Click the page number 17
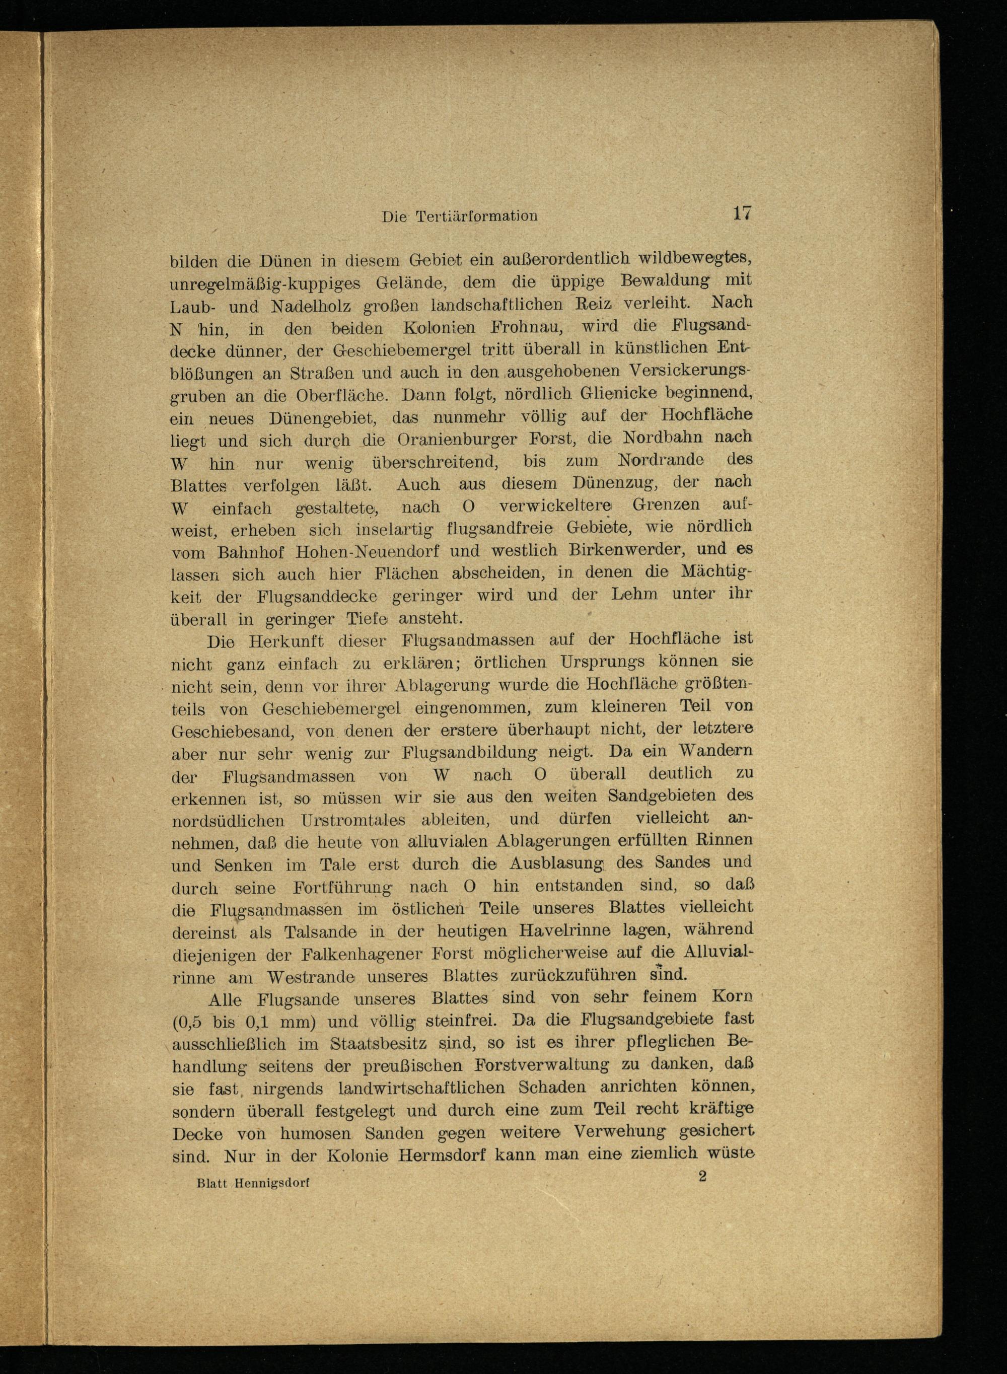(x=742, y=213)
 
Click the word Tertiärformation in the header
(x=477, y=216)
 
